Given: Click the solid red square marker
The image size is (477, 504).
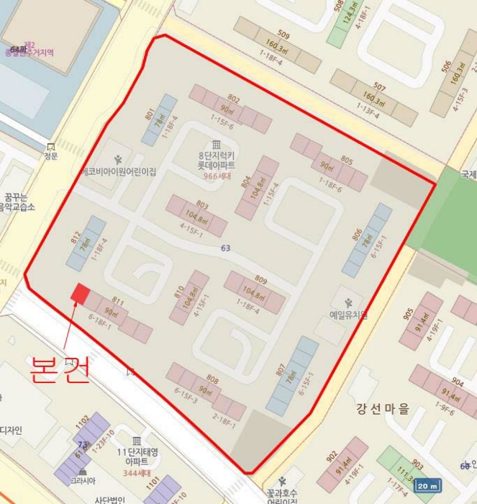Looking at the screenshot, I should click(80, 293).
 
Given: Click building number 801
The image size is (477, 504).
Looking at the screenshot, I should click(150, 114).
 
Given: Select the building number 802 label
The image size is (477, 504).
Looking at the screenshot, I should click(233, 99).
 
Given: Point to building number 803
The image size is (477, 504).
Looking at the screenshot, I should click(202, 205).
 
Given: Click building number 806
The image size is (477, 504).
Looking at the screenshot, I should click(358, 235).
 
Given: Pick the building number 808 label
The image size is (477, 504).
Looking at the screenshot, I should click(212, 379).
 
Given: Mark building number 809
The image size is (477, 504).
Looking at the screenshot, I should click(260, 280).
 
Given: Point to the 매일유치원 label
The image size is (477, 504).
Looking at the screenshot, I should click(348, 315).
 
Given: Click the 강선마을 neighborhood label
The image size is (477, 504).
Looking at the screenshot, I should click(383, 409).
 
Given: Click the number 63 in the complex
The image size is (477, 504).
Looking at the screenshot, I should click(226, 248).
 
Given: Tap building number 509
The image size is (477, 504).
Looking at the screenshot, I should click(283, 35).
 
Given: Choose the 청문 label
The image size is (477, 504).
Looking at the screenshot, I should click(50, 156).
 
